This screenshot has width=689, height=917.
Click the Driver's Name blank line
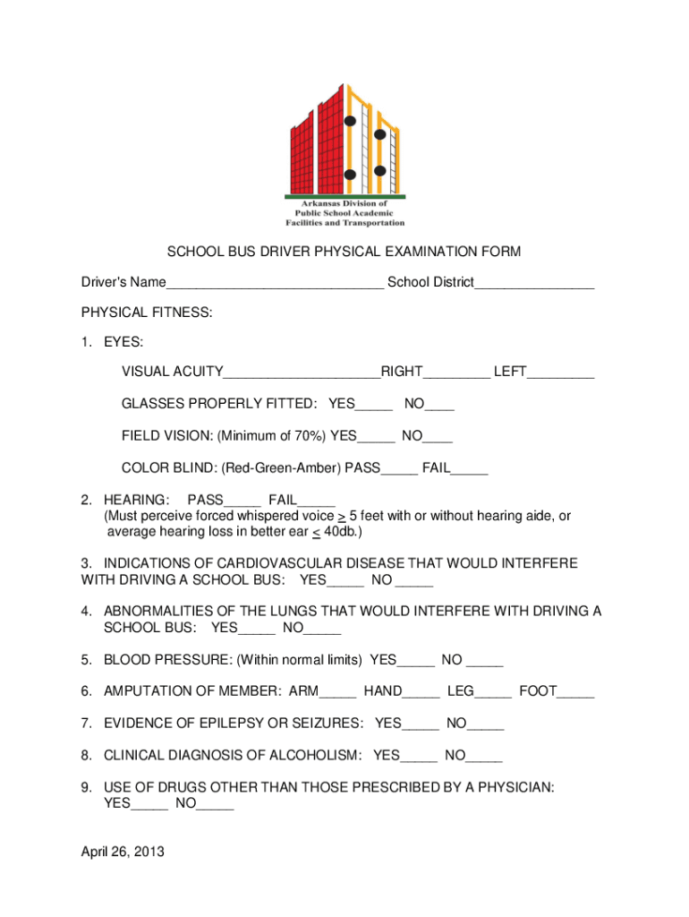275,286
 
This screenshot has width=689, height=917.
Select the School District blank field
534,286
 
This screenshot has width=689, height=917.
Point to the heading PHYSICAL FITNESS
147,313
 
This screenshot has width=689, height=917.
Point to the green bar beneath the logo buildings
345,196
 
